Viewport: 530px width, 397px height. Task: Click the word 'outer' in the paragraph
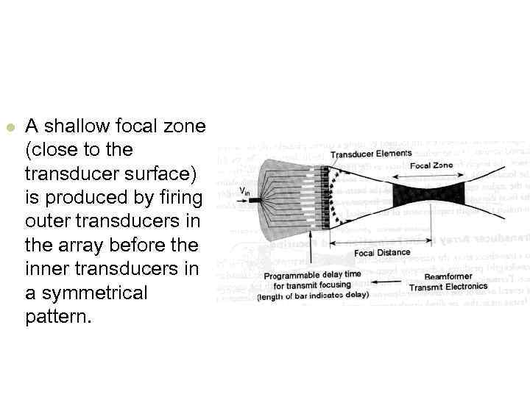(x=46, y=222)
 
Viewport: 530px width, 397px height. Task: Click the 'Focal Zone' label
(x=431, y=165)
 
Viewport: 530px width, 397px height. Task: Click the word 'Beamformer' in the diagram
(x=448, y=276)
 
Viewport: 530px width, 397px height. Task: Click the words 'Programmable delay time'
(x=313, y=274)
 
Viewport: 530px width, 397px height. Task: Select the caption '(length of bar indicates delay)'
(x=313, y=296)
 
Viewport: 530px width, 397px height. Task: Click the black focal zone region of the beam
(x=430, y=196)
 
